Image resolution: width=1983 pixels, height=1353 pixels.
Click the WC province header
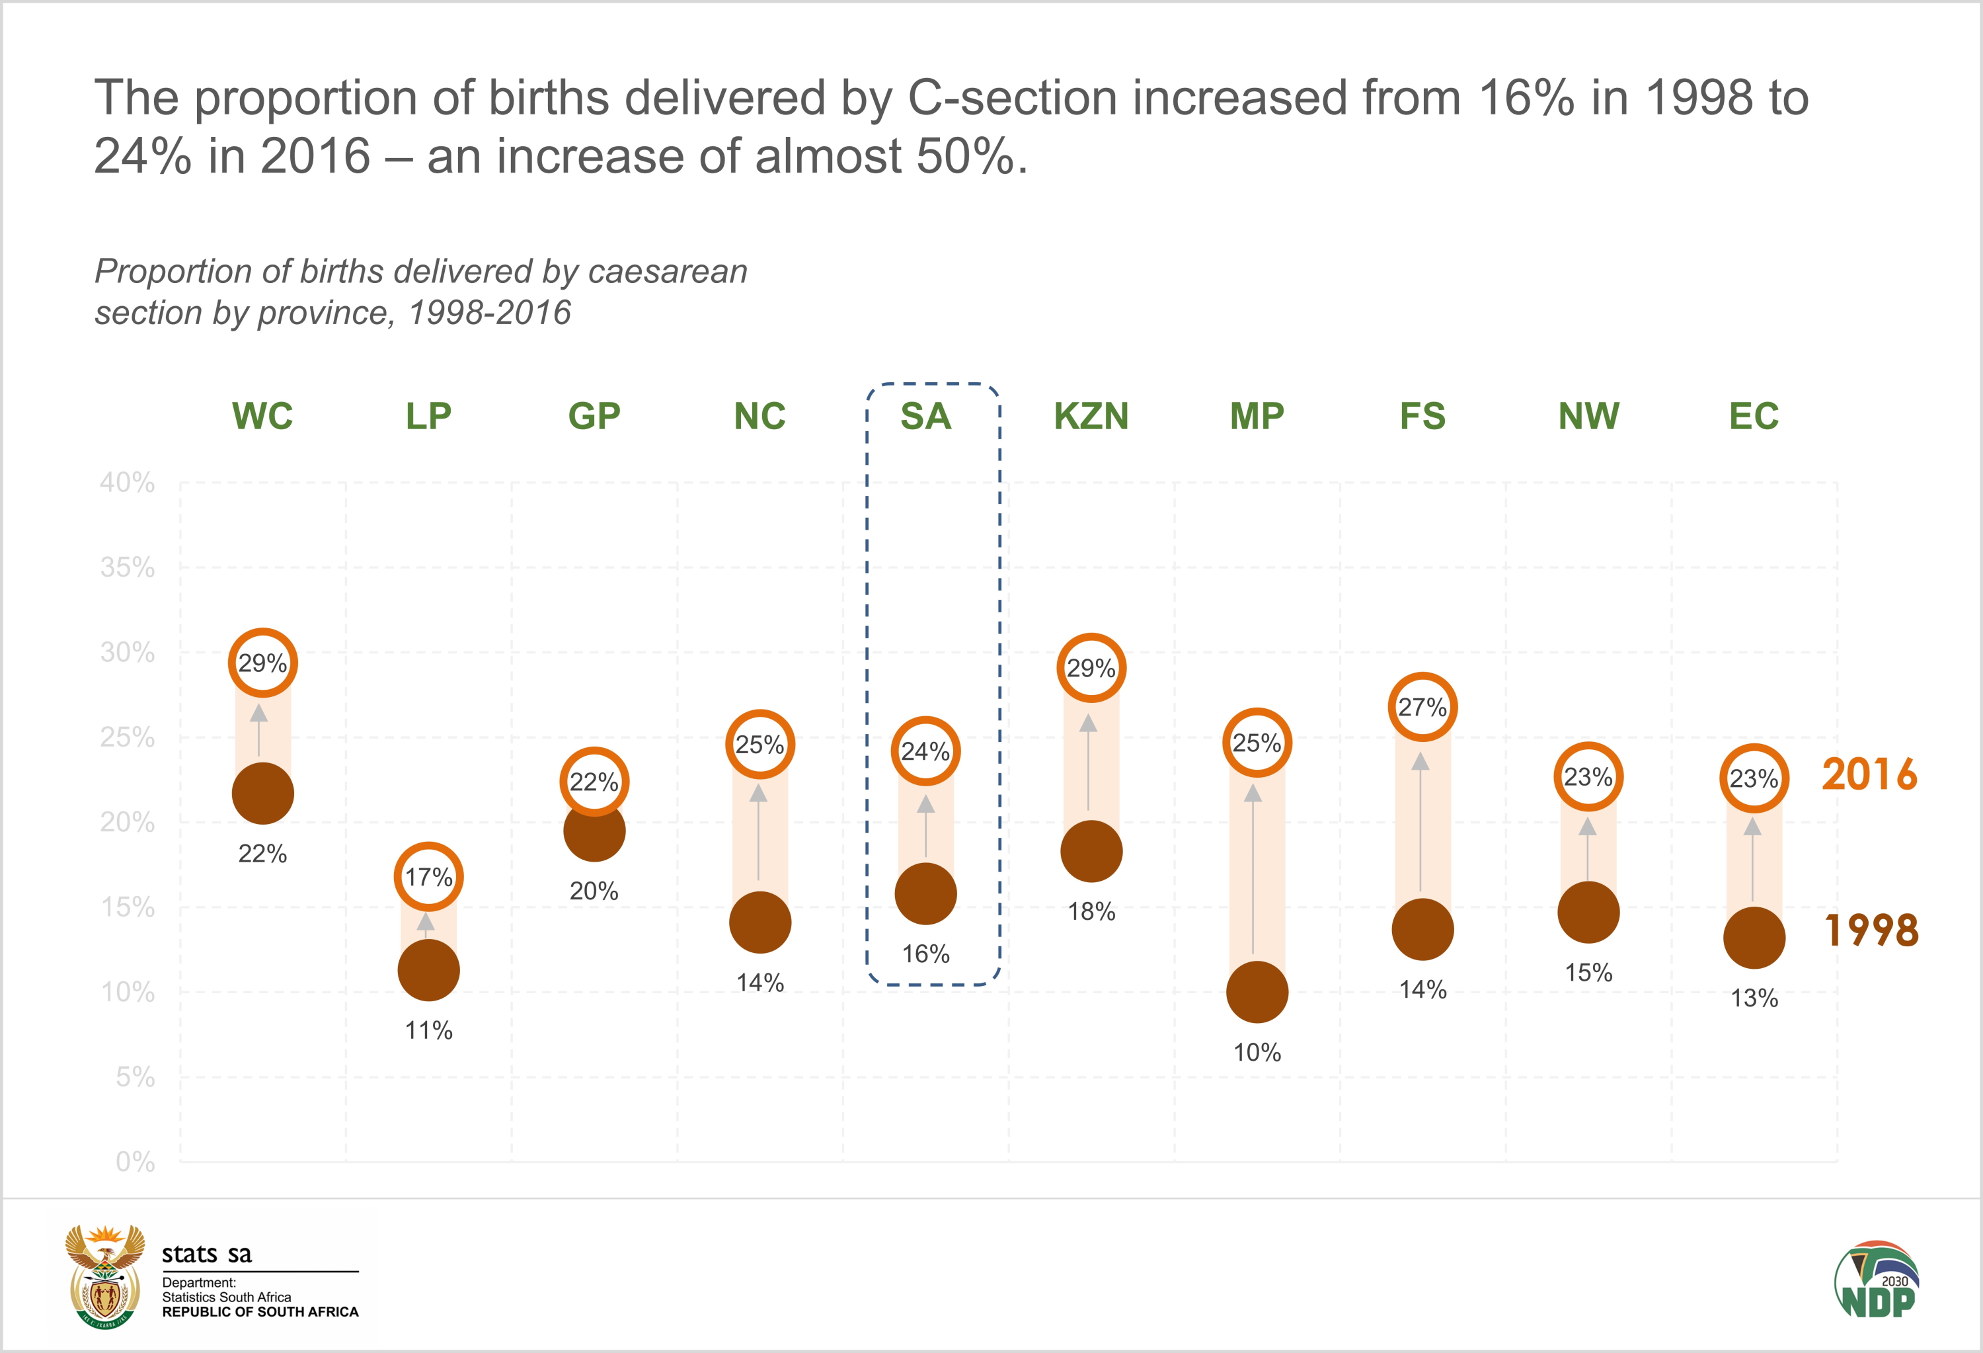[x=263, y=417]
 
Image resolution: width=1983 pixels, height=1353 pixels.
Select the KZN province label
[x=1091, y=417]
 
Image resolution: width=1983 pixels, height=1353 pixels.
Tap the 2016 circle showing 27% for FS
[x=1422, y=707]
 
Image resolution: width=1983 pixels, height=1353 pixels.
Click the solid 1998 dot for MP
[x=1257, y=992]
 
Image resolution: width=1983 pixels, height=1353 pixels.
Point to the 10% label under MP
[x=1257, y=1053]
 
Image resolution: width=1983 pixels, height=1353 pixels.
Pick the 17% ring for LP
[x=428, y=877]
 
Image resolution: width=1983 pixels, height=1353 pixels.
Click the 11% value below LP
[x=428, y=1030]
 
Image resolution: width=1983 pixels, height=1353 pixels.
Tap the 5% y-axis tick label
[x=135, y=1077]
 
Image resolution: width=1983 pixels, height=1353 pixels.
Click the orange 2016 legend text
[x=1869, y=775]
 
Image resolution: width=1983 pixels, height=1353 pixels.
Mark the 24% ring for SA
[x=926, y=751]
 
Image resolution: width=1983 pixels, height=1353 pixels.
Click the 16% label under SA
[x=926, y=954]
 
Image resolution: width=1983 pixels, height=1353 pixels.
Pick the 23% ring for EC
[x=1754, y=778]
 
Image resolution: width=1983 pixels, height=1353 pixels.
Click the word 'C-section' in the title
[x=1012, y=97]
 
